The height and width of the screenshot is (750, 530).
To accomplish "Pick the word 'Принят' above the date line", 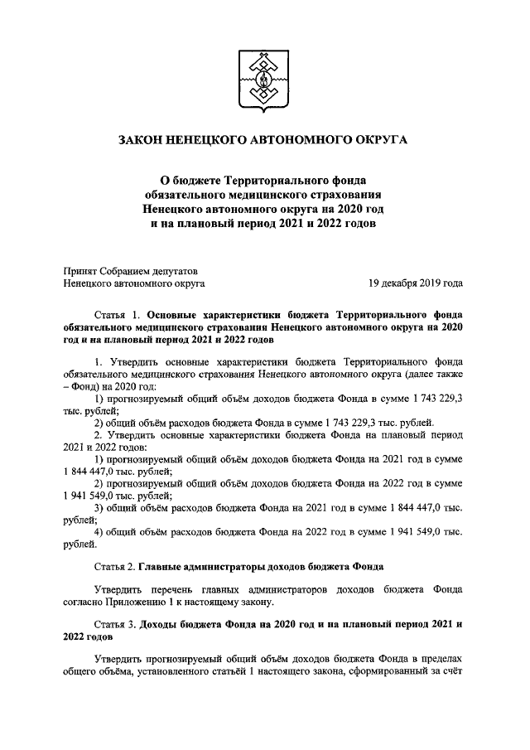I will [x=80, y=269].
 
